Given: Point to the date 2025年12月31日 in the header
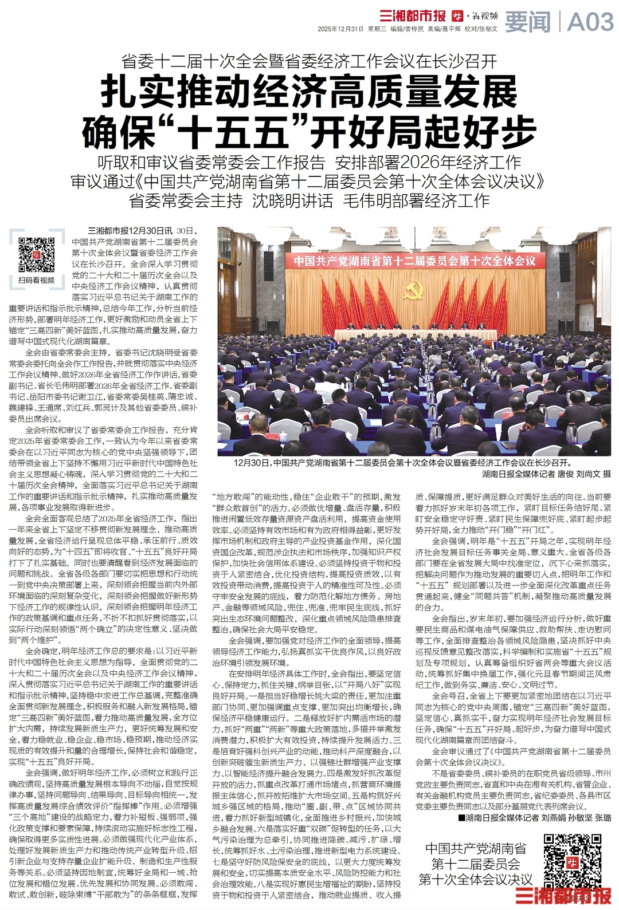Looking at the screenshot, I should pos(341,29).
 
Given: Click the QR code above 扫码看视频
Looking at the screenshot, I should pos(36,254).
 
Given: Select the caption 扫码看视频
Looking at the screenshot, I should pos(36,280).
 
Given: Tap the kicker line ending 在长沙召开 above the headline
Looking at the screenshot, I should pos(309,60).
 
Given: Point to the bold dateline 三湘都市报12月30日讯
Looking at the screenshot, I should pos(130,231).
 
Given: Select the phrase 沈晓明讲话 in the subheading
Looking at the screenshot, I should pos(292,201).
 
